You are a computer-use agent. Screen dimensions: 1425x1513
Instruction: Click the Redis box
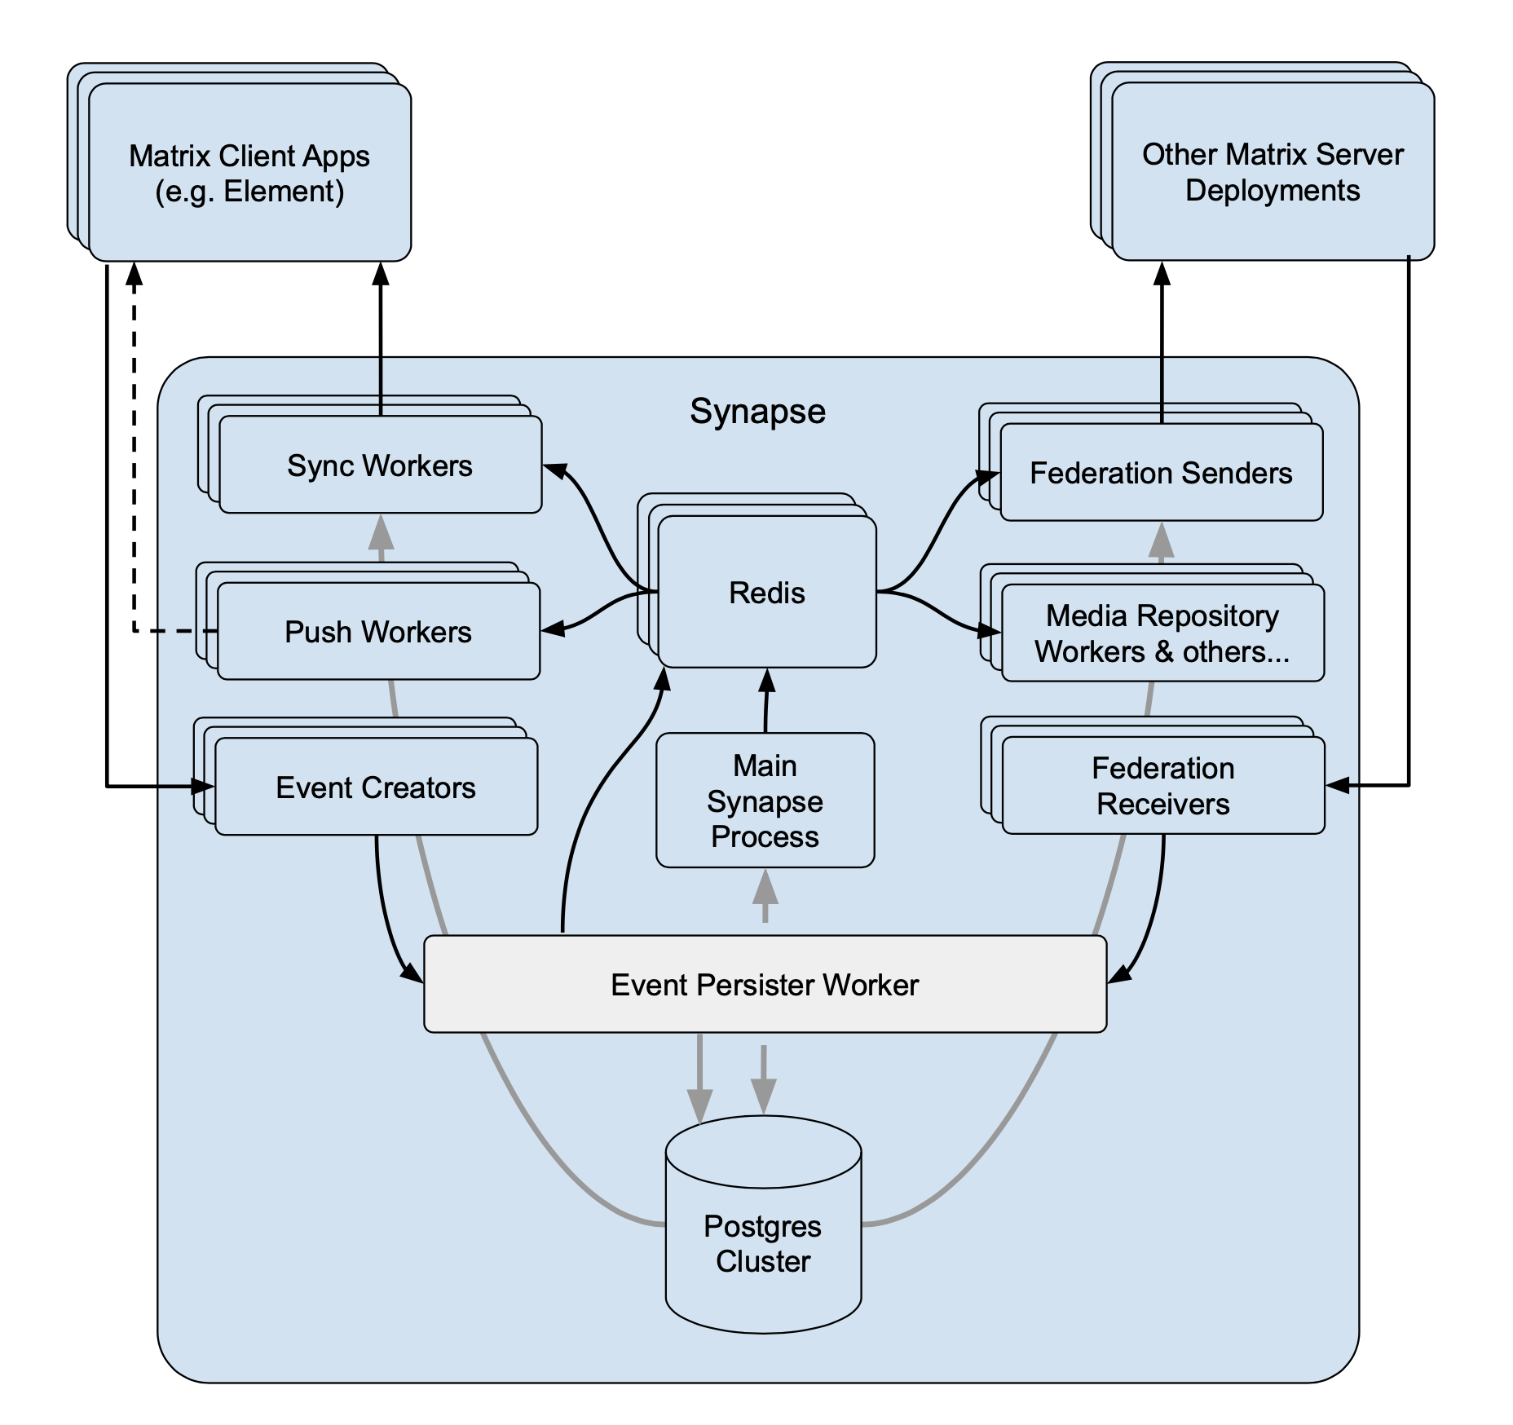(x=766, y=592)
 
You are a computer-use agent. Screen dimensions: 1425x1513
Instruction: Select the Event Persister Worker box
(x=765, y=984)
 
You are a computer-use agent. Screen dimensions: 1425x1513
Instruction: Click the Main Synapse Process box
(x=765, y=801)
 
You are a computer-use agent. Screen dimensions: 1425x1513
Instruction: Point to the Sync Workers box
(x=380, y=465)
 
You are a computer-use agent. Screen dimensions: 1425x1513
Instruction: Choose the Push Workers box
(x=378, y=631)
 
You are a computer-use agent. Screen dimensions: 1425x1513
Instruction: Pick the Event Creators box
(x=376, y=787)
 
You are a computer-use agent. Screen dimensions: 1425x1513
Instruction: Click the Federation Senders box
(x=1161, y=473)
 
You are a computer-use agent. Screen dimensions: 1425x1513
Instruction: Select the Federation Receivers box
(x=1162, y=785)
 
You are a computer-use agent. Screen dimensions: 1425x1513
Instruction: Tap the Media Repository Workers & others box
(x=1162, y=633)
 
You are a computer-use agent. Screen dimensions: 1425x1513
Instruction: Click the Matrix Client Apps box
(x=249, y=173)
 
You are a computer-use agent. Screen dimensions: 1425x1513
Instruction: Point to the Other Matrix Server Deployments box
(x=1273, y=172)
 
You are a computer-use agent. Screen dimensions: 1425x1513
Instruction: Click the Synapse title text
(x=757, y=411)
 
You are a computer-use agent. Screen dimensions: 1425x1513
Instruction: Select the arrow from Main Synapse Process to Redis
(x=766, y=701)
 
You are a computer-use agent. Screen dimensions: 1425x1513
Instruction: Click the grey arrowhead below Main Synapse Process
(x=765, y=889)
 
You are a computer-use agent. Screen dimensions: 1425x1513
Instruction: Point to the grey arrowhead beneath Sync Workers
(x=381, y=534)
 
